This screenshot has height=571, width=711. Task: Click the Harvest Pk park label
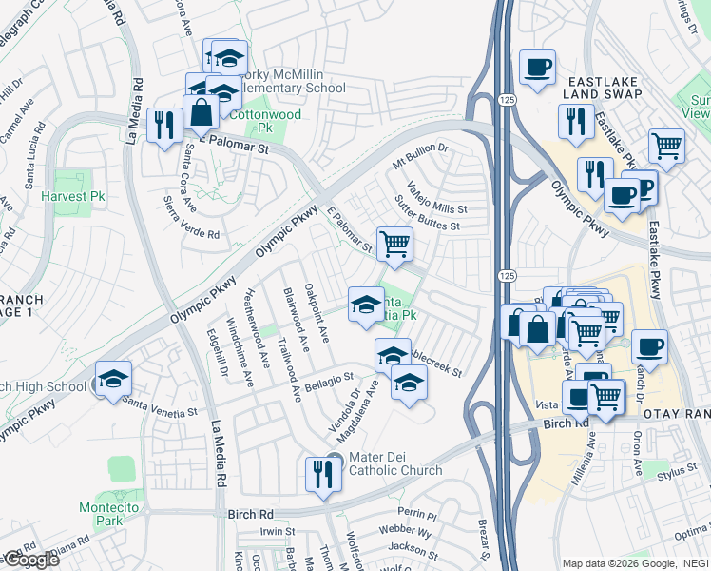[72, 196]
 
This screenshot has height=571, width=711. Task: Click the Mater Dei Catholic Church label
[395, 463]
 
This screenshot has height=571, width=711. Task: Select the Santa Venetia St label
[159, 413]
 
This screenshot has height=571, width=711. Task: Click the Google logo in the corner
[30, 560]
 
